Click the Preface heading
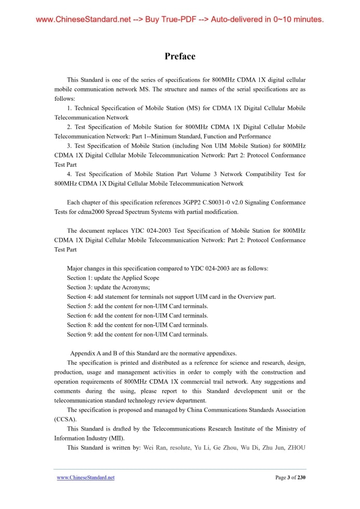180,56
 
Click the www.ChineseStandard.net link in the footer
85,477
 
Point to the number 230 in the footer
301,477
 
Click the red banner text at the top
180,20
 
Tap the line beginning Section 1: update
113,278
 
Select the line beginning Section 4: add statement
171,297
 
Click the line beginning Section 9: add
137,334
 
